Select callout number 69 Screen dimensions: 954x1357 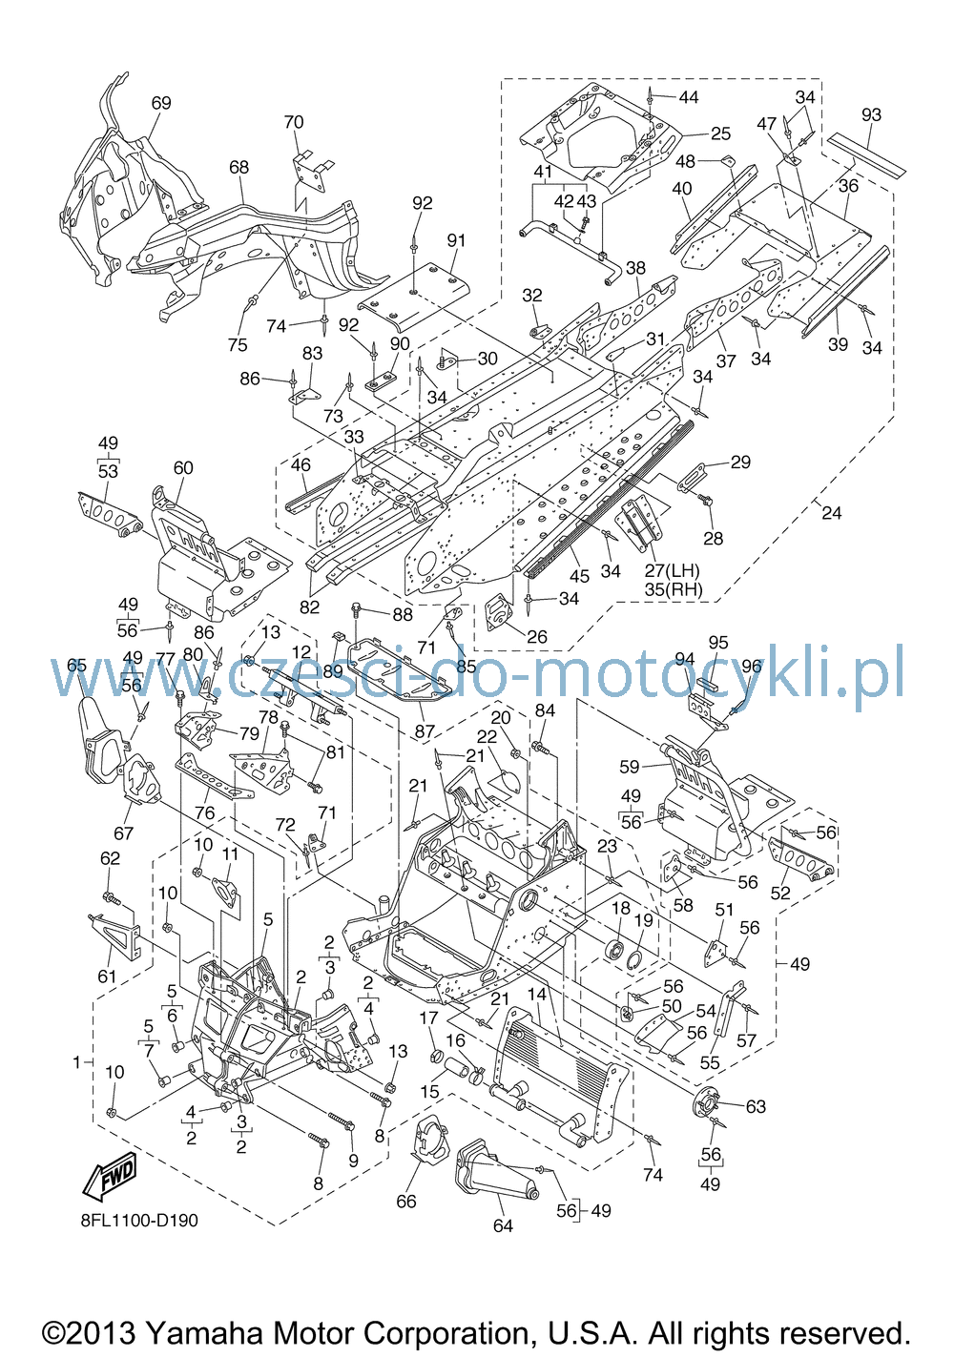point(161,103)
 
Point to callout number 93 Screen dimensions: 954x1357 point(871,114)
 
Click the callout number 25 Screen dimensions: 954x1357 point(720,134)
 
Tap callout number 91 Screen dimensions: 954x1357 point(456,240)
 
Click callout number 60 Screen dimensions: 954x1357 point(183,467)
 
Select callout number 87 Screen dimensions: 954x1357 point(425,731)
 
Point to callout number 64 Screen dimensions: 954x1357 point(503,1225)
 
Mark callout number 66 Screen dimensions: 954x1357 point(406,1202)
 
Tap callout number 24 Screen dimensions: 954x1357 point(832,513)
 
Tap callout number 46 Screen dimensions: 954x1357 point(301,464)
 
